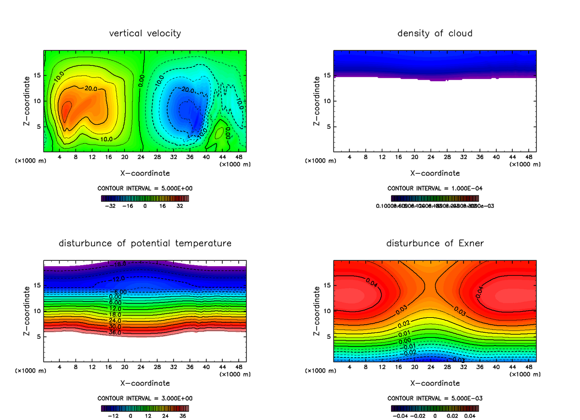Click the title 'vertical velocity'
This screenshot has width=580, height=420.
(145, 33)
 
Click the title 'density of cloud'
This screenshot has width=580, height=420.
(435, 33)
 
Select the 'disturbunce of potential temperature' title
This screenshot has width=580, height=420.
(145, 243)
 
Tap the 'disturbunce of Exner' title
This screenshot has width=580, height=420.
(435, 243)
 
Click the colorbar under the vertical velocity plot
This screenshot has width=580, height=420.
(145, 198)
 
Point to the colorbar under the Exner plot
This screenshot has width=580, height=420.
(435, 408)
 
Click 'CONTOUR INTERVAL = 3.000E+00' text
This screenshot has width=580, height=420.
(145, 398)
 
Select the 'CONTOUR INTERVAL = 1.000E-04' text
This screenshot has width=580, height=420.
(435, 188)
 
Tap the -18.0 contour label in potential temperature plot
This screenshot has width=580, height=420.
(117, 265)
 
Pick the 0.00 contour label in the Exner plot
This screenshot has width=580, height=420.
(404, 341)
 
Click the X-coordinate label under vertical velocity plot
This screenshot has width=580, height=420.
(145, 173)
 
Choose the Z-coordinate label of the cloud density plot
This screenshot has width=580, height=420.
(317, 101)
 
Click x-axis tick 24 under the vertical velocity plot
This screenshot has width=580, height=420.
(141, 157)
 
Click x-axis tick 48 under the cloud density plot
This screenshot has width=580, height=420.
(528, 157)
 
